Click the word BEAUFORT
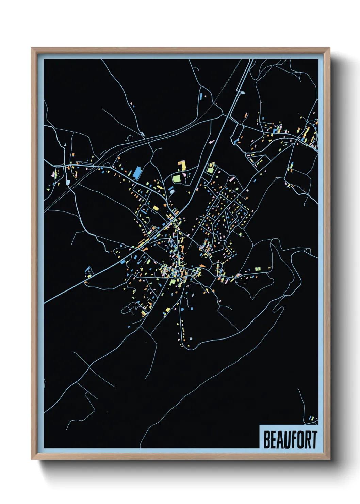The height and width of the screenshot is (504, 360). (x=290, y=440)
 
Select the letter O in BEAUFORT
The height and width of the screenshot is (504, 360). (x=299, y=440)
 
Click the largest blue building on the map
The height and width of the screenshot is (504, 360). (x=137, y=173)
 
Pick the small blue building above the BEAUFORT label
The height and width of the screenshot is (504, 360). (x=310, y=418)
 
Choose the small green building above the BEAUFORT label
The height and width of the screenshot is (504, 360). (x=313, y=418)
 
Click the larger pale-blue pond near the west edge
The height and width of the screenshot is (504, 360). (x=68, y=183)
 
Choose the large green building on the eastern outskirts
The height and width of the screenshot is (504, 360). (x=258, y=269)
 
